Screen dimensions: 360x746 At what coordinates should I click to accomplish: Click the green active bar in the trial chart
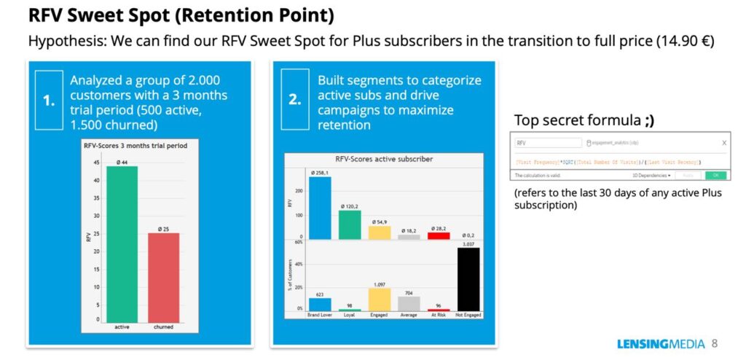click(x=122, y=244)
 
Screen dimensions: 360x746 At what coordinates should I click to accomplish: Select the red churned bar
click(x=163, y=277)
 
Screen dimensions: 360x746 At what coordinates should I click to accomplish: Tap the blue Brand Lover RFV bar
click(x=320, y=208)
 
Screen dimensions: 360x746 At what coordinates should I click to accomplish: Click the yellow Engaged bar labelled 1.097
click(x=379, y=299)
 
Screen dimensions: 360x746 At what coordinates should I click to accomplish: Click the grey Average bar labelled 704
click(x=409, y=303)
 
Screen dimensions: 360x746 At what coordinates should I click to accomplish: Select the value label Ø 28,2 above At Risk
click(x=439, y=227)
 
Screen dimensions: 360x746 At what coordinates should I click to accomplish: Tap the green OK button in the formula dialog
click(x=715, y=176)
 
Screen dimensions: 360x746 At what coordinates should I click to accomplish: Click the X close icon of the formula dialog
click(x=723, y=144)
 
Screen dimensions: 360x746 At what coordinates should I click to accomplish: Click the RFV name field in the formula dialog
click(x=546, y=144)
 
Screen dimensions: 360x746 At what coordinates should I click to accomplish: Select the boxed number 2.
click(x=294, y=100)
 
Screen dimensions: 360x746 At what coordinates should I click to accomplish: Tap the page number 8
click(x=715, y=343)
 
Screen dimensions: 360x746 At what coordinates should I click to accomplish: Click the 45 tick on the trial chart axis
click(x=97, y=162)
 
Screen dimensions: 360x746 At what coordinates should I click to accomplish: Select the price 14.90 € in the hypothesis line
click(x=684, y=42)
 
